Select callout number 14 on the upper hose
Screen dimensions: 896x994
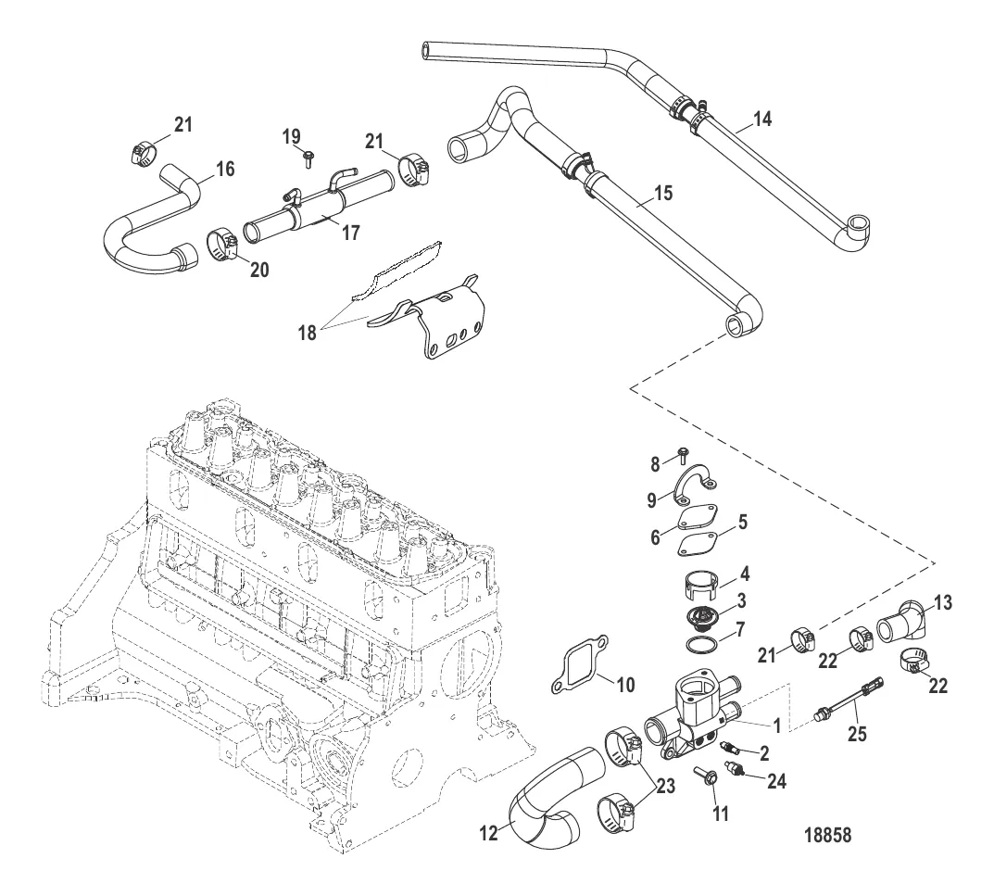[762, 119]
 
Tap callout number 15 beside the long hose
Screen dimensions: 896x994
[661, 193]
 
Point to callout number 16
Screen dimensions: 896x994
[224, 169]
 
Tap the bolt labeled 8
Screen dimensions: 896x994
[683, 452]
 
